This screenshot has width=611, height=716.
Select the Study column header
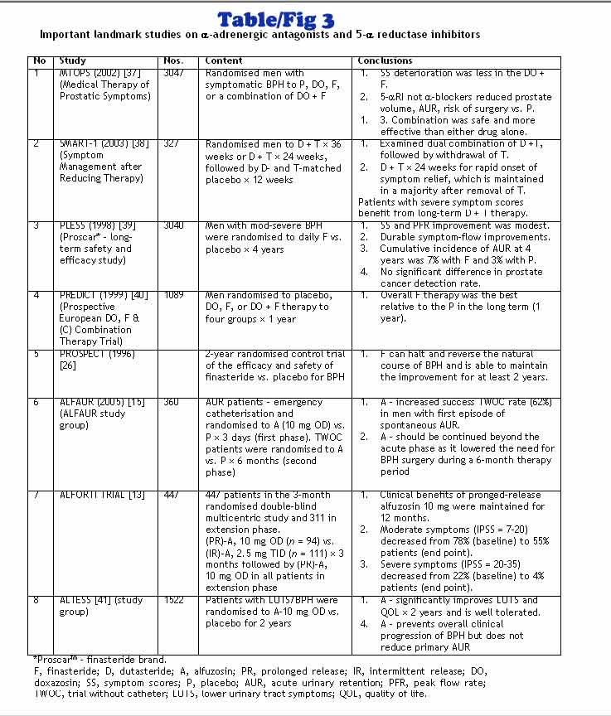[73, 60]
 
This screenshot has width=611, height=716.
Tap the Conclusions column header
[385, 60]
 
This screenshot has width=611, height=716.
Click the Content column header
[224, 60]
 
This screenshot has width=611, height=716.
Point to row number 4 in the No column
[36, 294]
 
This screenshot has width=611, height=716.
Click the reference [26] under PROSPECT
[68, 365]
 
